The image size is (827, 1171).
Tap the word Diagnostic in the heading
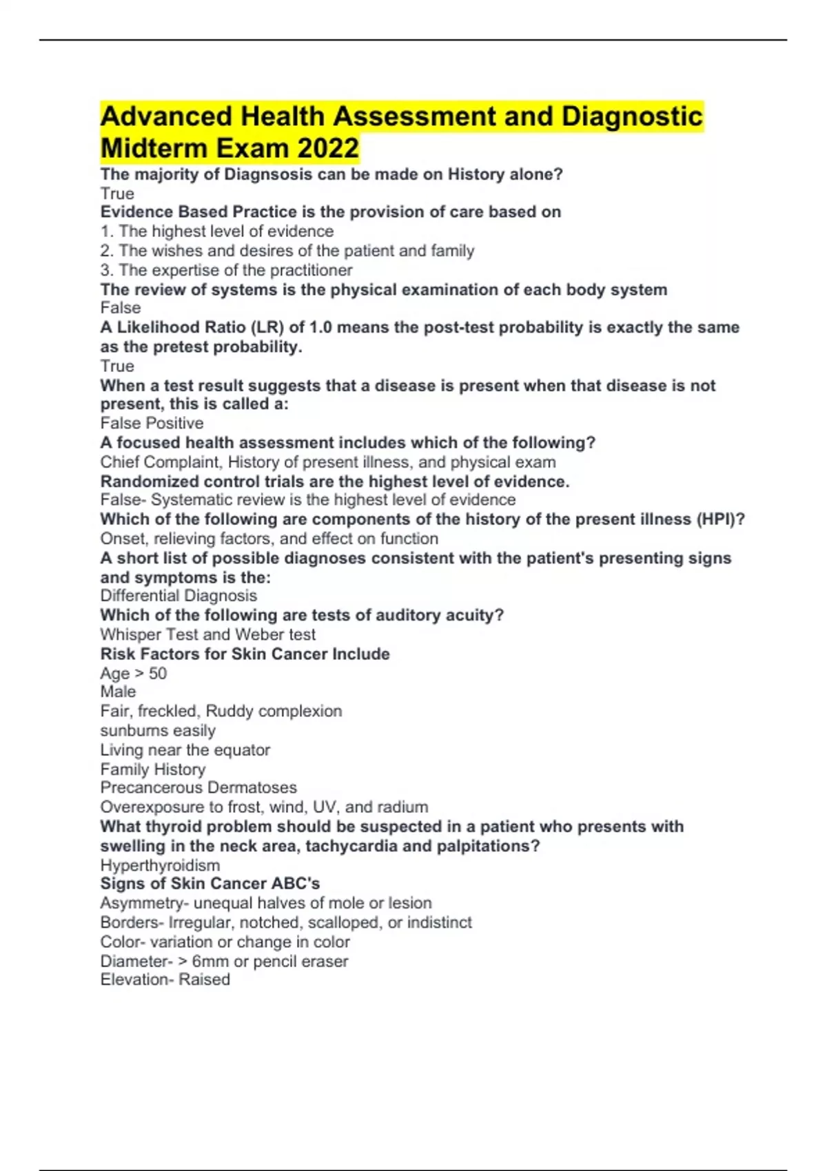632,116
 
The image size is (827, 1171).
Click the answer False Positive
152,423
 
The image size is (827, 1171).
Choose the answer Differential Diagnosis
178,596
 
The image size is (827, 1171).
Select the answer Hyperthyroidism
160,865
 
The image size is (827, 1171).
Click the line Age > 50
133,673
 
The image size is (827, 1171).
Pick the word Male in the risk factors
118,692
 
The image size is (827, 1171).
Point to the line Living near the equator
185,749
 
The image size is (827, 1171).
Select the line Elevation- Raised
165,980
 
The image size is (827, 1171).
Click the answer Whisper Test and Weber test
207,634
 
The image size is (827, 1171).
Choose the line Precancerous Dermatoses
198,787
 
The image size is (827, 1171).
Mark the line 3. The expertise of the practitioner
226,270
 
